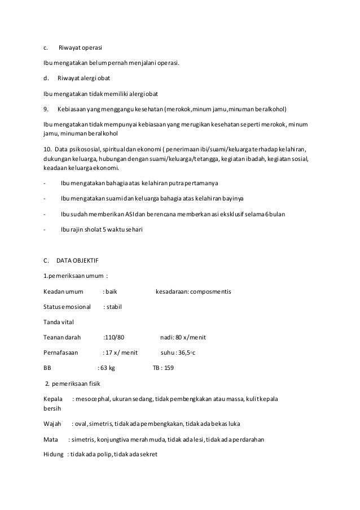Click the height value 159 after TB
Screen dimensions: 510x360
[168, 368]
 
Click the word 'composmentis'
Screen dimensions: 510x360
[210, 291]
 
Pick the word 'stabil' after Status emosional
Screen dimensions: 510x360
[114, 307]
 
